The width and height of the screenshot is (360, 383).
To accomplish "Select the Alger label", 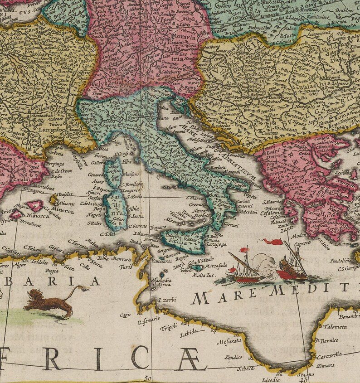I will [19, 264].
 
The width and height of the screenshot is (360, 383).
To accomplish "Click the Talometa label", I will [336, 326].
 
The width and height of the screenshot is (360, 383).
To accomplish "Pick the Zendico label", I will [233, 357].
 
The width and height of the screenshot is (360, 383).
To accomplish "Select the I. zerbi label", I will [166, 300].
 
